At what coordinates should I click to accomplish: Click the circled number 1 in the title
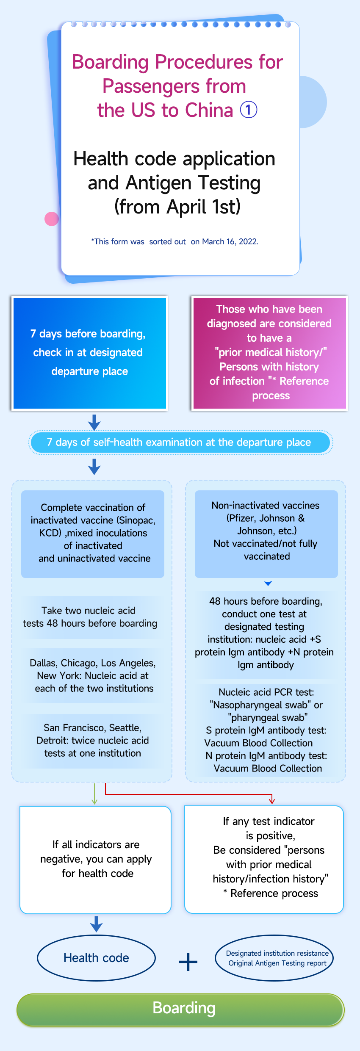pos(249,110)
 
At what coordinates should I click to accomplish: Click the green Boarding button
pos(180,1010)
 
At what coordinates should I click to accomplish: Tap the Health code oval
pos(97,958)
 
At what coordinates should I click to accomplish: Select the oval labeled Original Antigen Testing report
pos(274,958)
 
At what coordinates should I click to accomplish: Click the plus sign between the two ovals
pos(188,962)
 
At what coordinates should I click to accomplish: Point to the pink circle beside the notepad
pos(52,219)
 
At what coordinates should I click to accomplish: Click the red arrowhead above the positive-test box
pos(272,801)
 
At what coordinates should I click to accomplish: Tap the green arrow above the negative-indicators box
pos(94,794)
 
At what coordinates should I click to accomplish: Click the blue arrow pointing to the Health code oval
pos(97,924)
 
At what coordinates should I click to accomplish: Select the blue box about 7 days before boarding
pos(90,353)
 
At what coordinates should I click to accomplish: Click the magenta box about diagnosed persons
pos(270,353)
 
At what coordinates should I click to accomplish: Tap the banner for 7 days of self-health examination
pos(181,443)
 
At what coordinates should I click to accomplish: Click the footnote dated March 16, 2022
pos(174,241)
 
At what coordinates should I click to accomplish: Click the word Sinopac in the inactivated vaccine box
pos(138,520)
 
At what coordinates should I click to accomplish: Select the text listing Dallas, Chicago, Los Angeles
pos(93,663)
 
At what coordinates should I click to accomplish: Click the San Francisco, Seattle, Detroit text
pos(93,740)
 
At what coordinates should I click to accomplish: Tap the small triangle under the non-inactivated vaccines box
pos(268,584)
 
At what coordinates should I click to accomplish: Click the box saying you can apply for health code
pos(96,860)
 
